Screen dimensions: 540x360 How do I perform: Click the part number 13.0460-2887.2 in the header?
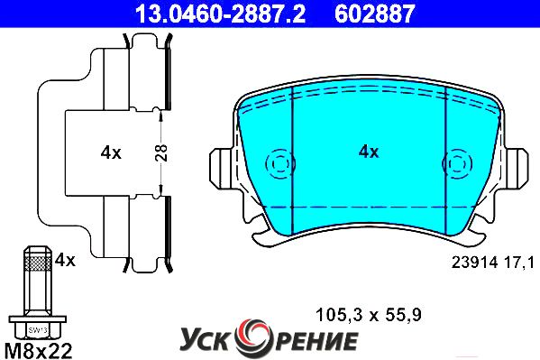[220, 14]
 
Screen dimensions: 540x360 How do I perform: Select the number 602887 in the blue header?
[375, 14]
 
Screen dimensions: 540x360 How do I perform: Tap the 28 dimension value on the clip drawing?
[161, 152]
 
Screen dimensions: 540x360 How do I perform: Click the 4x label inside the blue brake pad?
[369, 152]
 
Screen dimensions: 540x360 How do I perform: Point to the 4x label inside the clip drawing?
[111, 152]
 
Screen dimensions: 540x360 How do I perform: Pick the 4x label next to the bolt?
[65, 260]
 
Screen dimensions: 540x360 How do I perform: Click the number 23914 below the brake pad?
[475, 263]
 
